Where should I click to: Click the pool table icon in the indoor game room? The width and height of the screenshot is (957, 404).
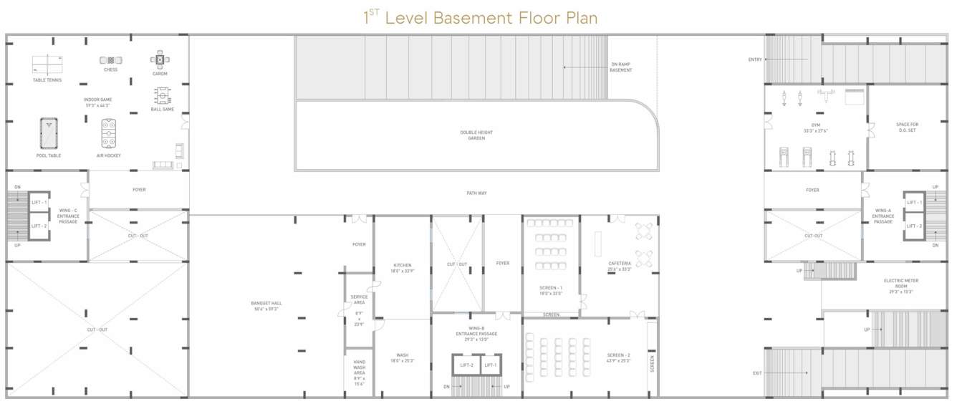click(x=49, y=133)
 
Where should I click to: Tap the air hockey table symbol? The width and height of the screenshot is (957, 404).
click(x=109, y=133)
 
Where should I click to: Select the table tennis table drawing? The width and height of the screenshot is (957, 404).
click(x=47, y=64)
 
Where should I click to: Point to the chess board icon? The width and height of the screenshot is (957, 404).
click(x=110, y=60)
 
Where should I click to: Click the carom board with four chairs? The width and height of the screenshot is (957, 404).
click(x=160, y=59)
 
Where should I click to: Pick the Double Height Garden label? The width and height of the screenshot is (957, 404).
click(x=476, y=135)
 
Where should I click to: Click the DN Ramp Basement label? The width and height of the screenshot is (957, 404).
click(x=621, y=67)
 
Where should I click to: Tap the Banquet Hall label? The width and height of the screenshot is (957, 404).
click(x=264, y=306)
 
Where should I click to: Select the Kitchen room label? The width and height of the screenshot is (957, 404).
click(x=403, y=268)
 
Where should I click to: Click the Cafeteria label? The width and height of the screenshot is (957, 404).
click(x=620, y=266)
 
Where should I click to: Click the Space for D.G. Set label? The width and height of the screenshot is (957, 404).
click(x=907, y=127)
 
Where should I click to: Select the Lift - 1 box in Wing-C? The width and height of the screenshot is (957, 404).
click(x=39, y=203)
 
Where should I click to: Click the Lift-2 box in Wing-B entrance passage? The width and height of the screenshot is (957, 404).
click(x=466, y=365)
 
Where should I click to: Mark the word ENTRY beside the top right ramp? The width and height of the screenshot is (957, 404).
click(x=754, y=59)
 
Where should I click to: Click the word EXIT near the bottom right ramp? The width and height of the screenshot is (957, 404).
click(x=757, y=372)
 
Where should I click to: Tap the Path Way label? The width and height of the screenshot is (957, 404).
click(x=476, y=193)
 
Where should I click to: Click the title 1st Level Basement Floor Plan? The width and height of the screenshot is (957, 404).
click(x=480, y=17)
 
